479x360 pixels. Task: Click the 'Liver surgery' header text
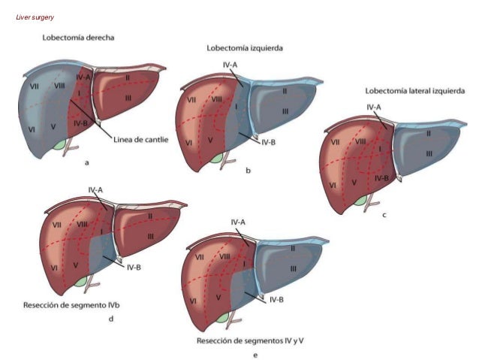[x=35, y=17]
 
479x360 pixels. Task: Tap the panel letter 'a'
[x=87, y=162]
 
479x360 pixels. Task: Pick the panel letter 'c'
[x=384, y=215]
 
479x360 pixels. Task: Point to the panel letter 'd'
[x=111, y=319]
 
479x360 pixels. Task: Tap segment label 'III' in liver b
[x=285, y=111]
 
